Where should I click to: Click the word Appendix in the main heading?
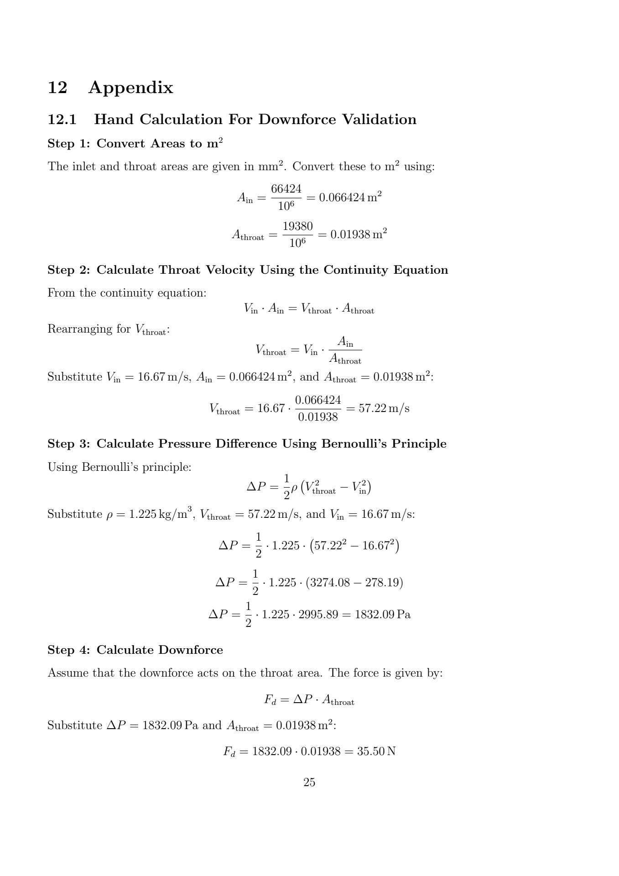tap(130, 87)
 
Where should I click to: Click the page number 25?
tap(309, 782)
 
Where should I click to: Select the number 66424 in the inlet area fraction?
tap(286, 188)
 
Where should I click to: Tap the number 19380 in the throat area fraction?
tap(297, 226)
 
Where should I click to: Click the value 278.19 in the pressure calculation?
tap(382, 583)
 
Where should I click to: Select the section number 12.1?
tap(62, 120)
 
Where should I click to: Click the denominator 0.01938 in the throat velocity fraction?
tap(317, 417)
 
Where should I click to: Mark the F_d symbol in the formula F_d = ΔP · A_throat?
tap(270, 700)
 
